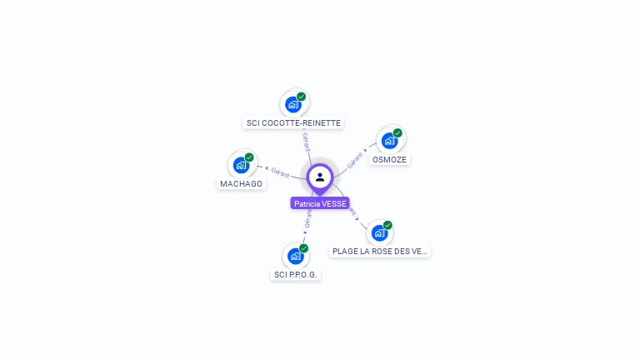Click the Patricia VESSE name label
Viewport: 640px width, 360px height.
tap(320, 203)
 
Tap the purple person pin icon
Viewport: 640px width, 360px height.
tap(320, 177)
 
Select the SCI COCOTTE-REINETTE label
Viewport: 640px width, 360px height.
tap(293, 123)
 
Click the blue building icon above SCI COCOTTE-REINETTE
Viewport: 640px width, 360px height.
tap(292, 105)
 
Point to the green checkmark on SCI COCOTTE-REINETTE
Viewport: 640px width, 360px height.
tap(302, 97)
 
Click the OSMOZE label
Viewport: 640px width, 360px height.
tap(390, 159)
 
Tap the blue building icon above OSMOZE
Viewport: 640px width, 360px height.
tap(389, 141)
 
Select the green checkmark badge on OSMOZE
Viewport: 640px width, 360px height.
tap(398, 133)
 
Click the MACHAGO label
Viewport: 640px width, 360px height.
tap(241, 183)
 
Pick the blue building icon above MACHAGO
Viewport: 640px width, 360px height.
tap(241, 165)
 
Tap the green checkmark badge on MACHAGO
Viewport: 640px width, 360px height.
tap(249, 157)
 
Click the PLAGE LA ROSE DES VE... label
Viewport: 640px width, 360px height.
tap(380, 251)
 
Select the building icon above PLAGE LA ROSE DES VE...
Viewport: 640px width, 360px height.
tap(380, 232)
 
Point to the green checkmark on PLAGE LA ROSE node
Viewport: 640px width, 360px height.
tap(388, 225)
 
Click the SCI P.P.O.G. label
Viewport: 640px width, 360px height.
tap(297, 275)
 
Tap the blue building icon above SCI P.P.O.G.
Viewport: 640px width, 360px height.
tap(295, 257)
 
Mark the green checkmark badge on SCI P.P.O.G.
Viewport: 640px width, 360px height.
tap(304, 248)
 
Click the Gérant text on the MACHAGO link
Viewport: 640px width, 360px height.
tap(280, 172)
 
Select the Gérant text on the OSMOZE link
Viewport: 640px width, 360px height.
tap(356, 159)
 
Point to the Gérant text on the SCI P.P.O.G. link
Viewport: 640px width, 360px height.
tap(308, 218)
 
